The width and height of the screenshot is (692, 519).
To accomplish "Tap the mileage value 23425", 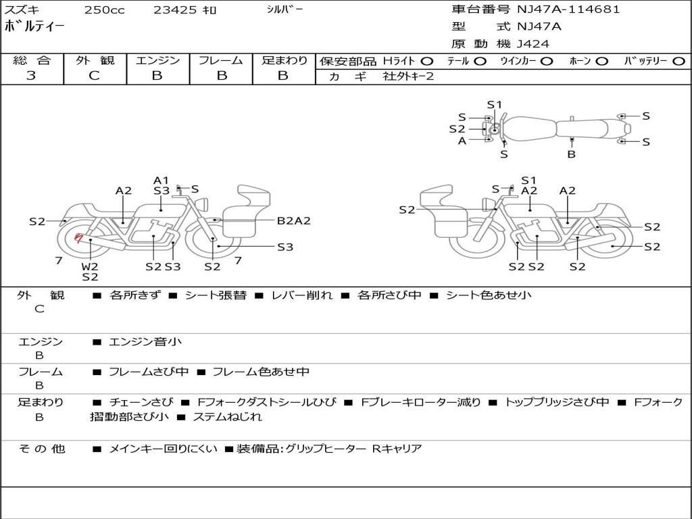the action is click(x=173, y=10).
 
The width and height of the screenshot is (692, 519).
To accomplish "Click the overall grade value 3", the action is click(x=31, y=76).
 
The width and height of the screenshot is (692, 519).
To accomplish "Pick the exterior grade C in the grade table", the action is click(x=95, y=76).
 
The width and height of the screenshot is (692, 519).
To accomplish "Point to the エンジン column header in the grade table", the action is click(x=157, y=61).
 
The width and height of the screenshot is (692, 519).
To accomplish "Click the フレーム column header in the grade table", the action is click(x=221, y=61).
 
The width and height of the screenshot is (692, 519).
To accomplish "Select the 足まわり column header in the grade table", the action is click(x=285, y=61).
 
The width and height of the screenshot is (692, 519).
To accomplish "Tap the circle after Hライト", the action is click(x=427, y=61).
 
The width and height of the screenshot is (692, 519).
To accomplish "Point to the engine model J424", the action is click(x=533, y=44).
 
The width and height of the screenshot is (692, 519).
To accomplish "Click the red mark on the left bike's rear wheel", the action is click(x=79, y=237).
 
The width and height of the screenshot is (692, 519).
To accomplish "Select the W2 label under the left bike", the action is click(x=90, y=266).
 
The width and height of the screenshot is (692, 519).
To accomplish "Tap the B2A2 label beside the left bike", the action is click(x=294, y=220).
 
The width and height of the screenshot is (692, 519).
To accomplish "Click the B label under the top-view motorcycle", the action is click(x=571, y=154).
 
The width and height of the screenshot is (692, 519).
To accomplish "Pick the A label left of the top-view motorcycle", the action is click(x=462, y=141).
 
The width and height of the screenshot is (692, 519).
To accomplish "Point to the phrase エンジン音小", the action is click(x=145, y=342).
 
